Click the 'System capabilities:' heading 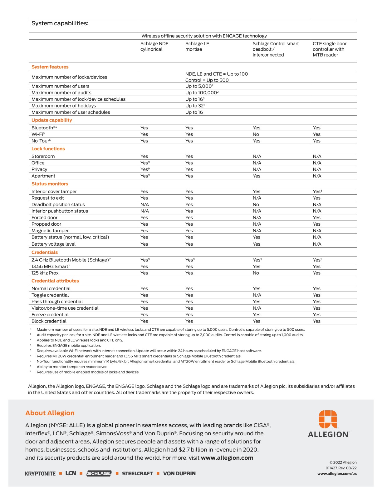60,23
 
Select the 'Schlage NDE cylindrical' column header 154,47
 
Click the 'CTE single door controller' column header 330,49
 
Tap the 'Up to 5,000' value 198,86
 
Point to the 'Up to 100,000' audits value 201,93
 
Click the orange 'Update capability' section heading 51,120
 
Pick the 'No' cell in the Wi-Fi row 256,134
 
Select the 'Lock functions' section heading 48,149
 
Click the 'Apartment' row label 43,176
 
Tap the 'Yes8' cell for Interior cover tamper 317,192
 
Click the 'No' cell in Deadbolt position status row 256,205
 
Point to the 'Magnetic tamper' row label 50,231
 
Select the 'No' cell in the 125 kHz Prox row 256,273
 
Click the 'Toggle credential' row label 50,295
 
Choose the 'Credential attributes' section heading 55,281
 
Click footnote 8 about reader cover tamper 72,367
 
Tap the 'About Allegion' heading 50,413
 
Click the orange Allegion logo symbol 328,419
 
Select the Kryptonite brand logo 40,474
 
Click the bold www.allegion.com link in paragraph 227,458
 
